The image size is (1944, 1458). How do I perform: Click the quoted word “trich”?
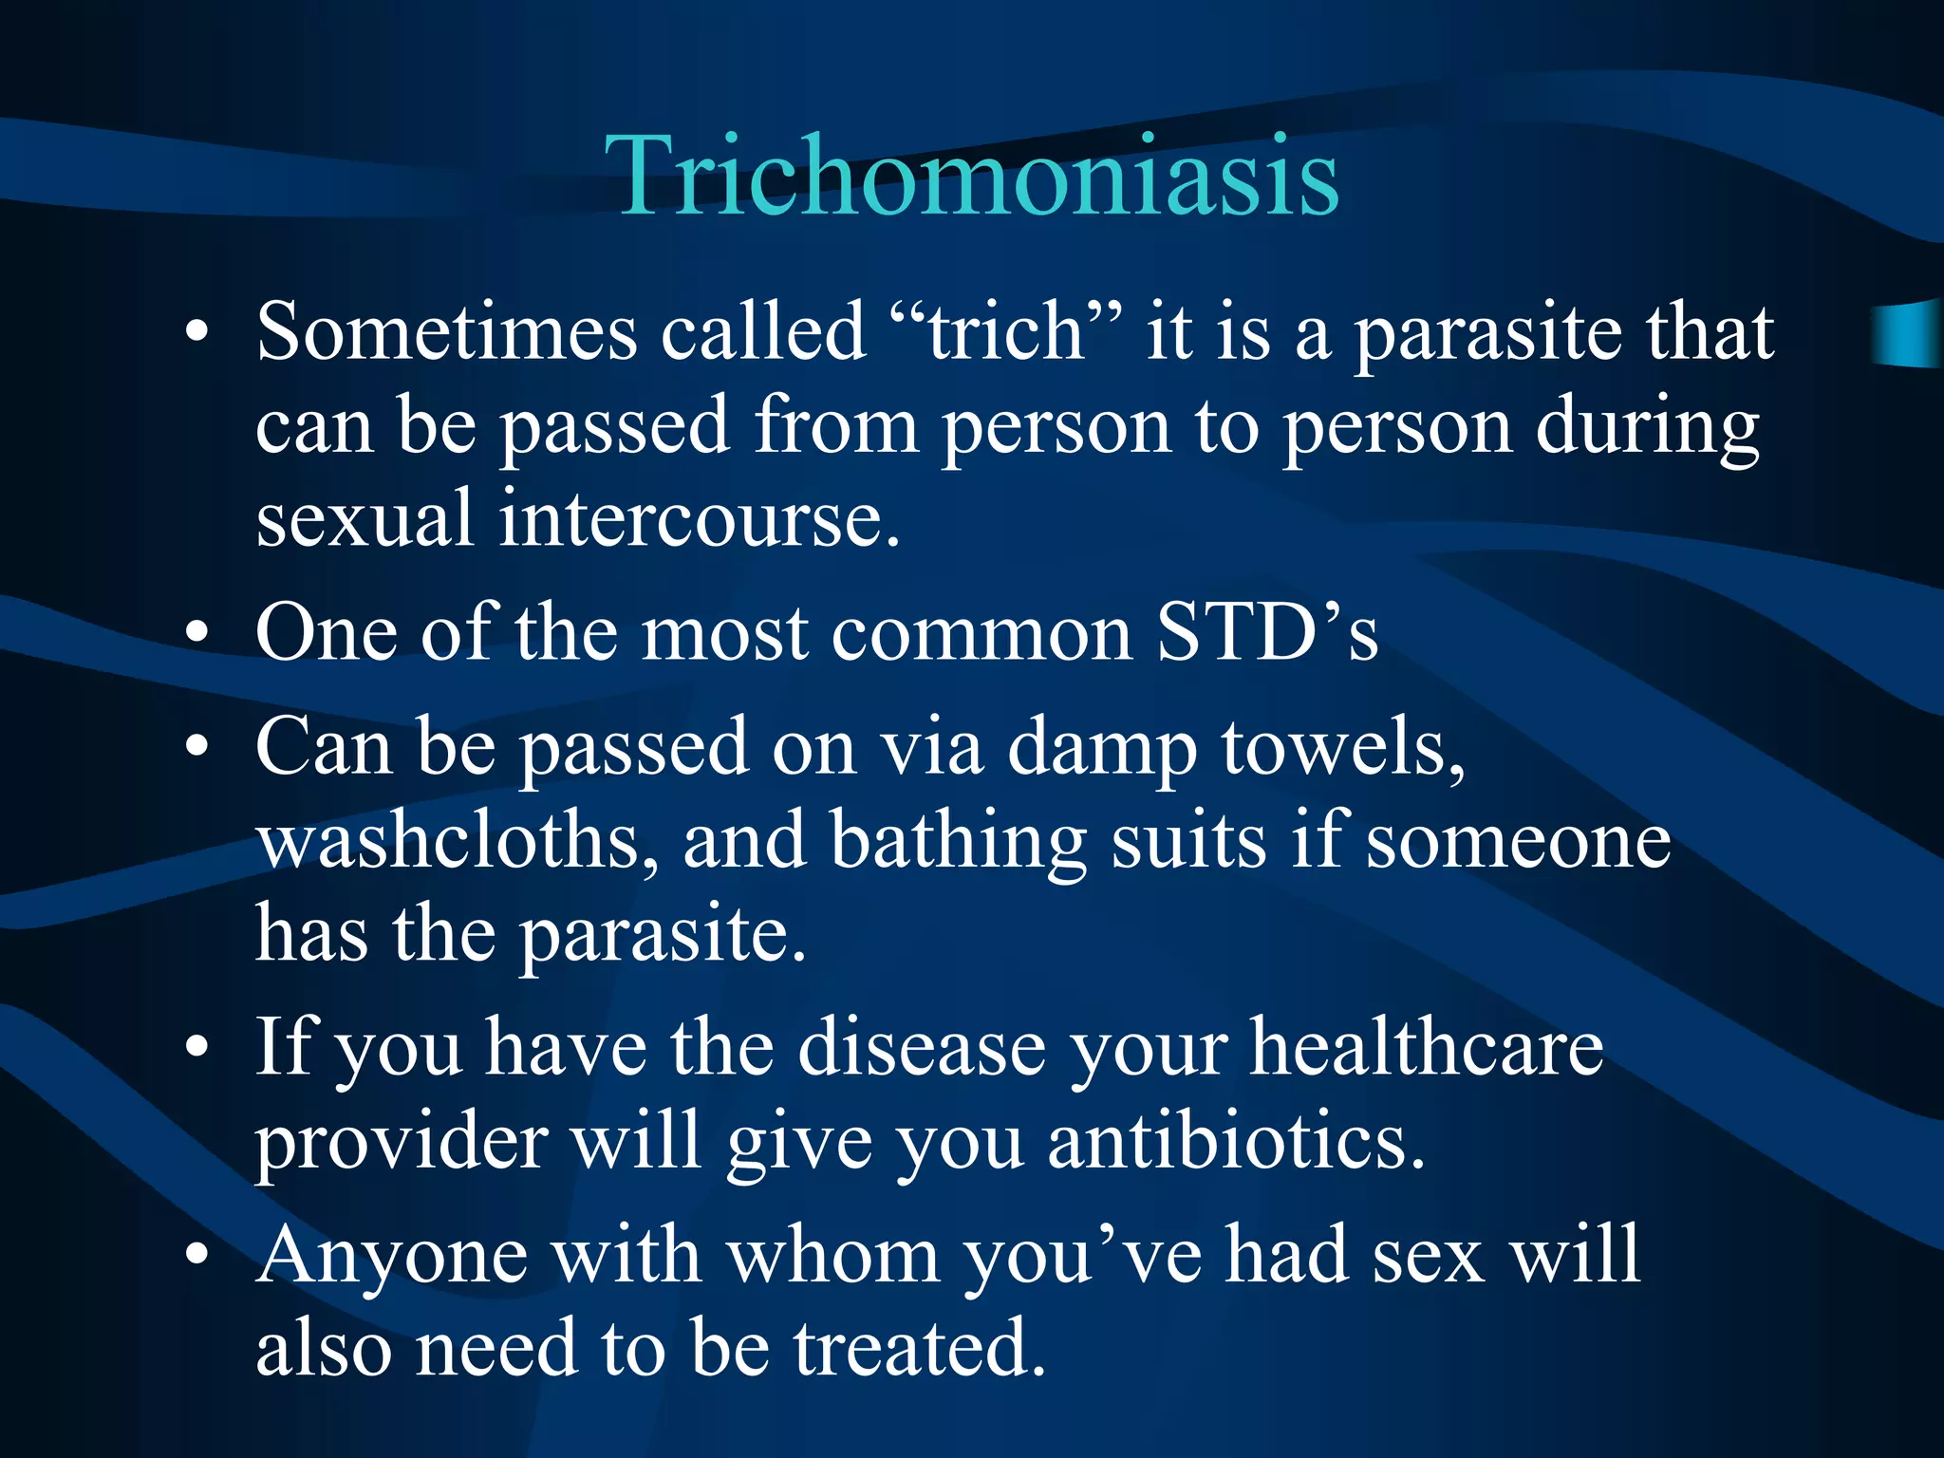(1006, 332)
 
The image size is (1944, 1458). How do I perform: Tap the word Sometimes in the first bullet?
(446, 332)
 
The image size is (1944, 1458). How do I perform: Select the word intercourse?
(699, 519)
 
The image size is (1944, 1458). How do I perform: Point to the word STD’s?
(1267, 633)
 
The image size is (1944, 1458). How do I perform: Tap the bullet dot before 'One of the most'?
(196, 633)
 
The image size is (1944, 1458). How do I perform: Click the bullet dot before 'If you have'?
(196, 1048)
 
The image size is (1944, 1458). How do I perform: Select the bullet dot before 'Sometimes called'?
(196, 332)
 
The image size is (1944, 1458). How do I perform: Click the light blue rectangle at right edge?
(1908, 332)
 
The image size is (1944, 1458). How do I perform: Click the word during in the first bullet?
(1647, 427)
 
